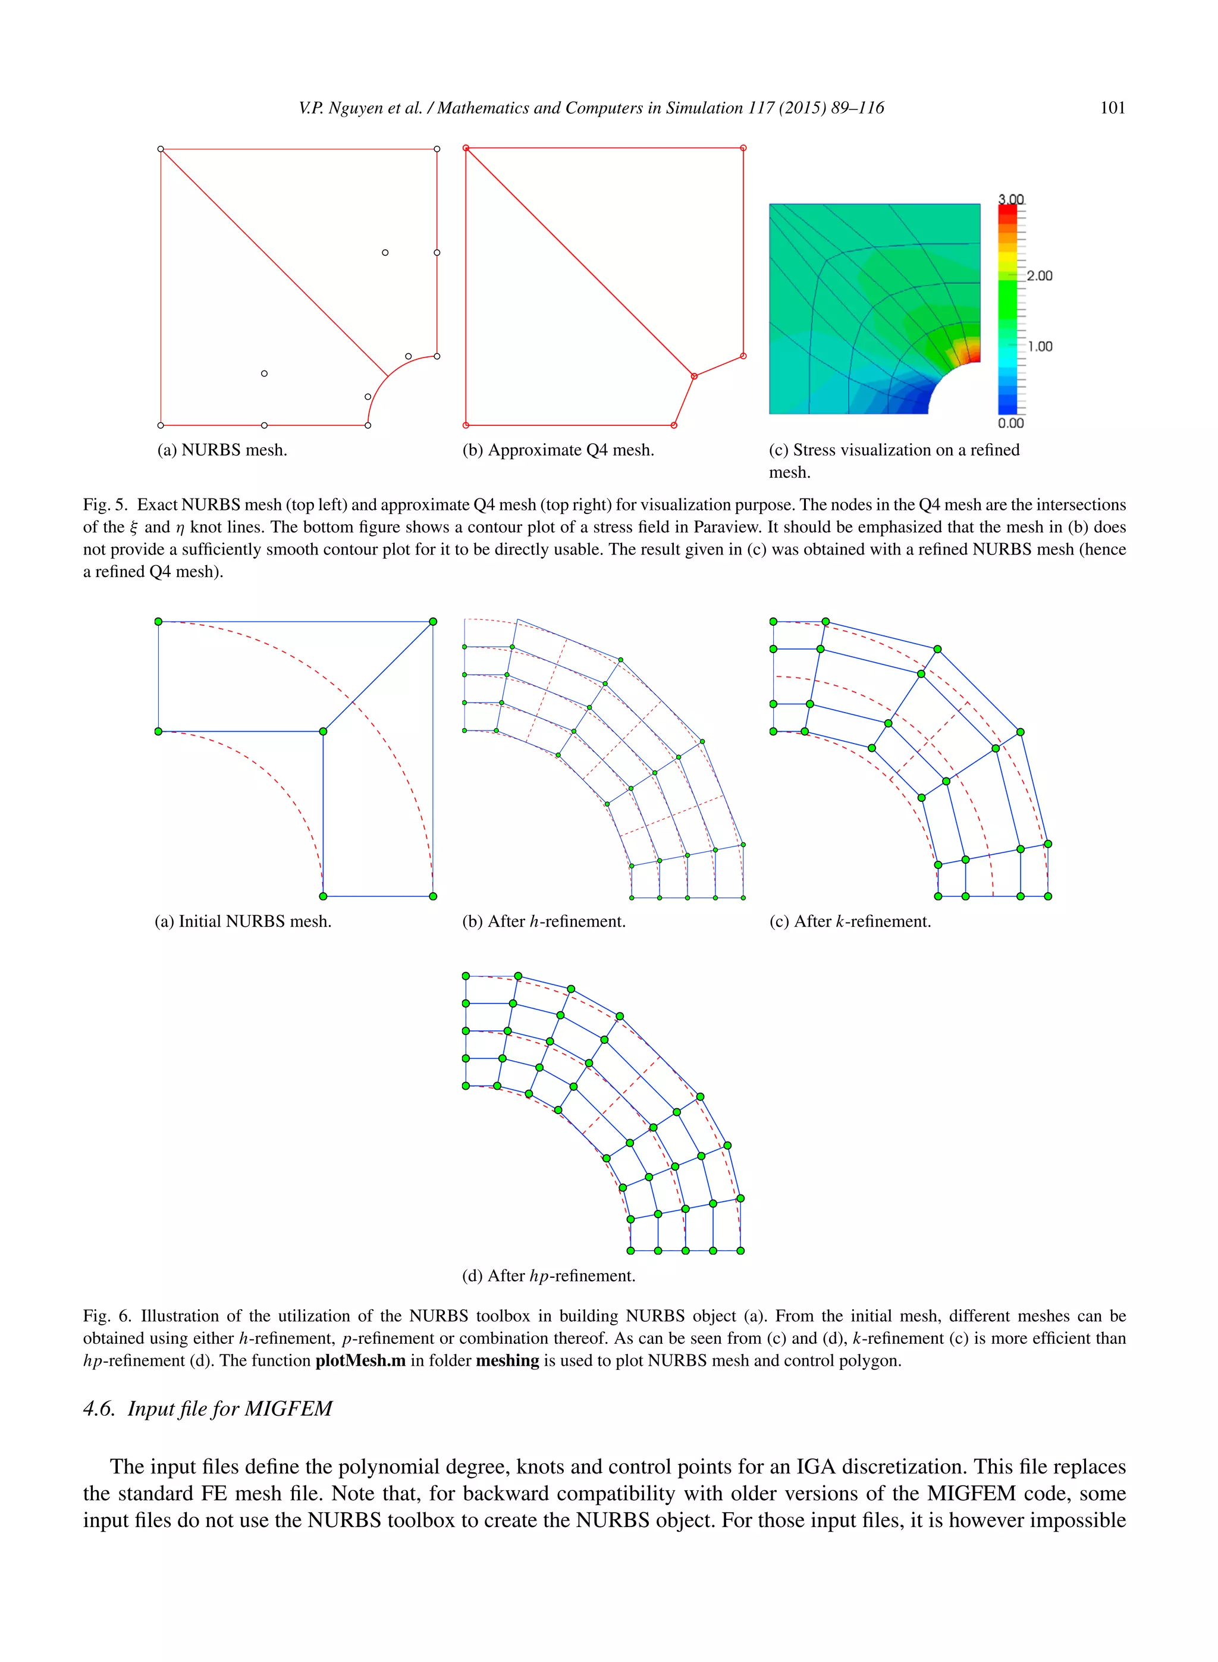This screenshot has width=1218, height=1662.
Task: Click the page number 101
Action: point(1112,108)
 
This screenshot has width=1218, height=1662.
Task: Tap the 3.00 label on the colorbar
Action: point(1011,199)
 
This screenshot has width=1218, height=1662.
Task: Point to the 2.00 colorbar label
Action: point(1039,276)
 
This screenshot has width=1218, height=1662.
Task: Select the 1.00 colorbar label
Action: point(1040,347)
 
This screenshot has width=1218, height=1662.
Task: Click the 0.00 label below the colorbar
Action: point(1011,424)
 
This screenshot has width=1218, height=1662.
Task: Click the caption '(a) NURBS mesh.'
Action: point(222,450)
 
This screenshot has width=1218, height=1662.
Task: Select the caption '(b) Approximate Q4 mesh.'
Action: point(558,450)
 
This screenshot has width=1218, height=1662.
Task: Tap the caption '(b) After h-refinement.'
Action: point(544,921)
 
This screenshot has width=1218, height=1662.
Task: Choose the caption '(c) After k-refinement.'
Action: point(849,921)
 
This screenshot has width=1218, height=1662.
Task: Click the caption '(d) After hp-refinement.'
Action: point(548,1275)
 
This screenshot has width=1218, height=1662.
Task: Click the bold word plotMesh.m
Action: point(360,1360)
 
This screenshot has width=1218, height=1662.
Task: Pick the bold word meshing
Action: point(507,1360)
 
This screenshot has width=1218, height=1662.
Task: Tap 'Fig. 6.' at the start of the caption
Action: point(106,1316)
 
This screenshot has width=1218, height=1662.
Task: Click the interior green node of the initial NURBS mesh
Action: point(323,732)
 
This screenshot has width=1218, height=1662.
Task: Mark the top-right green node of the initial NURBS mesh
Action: point(433,622)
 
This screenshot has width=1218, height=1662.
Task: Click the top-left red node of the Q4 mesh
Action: point(466,148)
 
